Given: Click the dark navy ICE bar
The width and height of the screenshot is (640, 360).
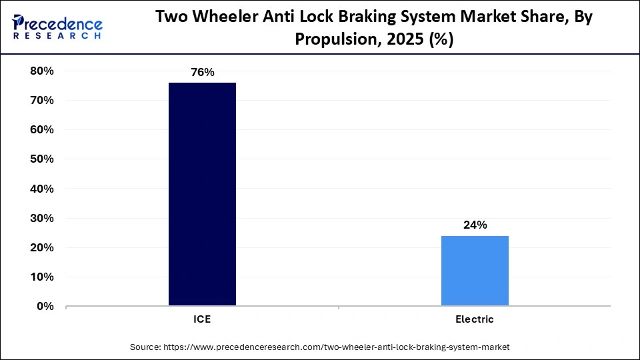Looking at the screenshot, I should [x=202, y=194].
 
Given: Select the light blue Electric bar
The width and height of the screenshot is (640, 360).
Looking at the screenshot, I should [x=475, y=271].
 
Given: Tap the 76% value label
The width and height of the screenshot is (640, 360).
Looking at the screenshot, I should [x=202, y=72].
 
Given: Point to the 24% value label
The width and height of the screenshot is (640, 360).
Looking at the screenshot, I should [x=475, y=225].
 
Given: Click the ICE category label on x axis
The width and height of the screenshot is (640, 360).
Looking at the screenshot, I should [x=202, y=319].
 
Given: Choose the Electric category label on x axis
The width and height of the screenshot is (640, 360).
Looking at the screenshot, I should [x=475, y=319].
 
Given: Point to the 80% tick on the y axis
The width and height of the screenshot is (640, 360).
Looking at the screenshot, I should [x=41, y=71].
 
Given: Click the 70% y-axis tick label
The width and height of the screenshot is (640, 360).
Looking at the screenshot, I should [x=41, y=100].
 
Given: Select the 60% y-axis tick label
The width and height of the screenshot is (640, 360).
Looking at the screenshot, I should [x=41, y=129].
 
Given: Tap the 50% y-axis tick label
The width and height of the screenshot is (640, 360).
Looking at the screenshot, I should [x=41, y=159].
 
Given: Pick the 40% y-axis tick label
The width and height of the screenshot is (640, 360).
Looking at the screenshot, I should [x=41, y=189].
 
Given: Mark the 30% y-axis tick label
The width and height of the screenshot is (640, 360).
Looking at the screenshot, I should [x=41, y=218].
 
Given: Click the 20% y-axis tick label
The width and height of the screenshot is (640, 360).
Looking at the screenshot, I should [x=41, y=247].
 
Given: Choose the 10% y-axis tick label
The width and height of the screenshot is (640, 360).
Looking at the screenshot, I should [x=41, y=277].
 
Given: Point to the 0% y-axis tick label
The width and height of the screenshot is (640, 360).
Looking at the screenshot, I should [x=45, y=306].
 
